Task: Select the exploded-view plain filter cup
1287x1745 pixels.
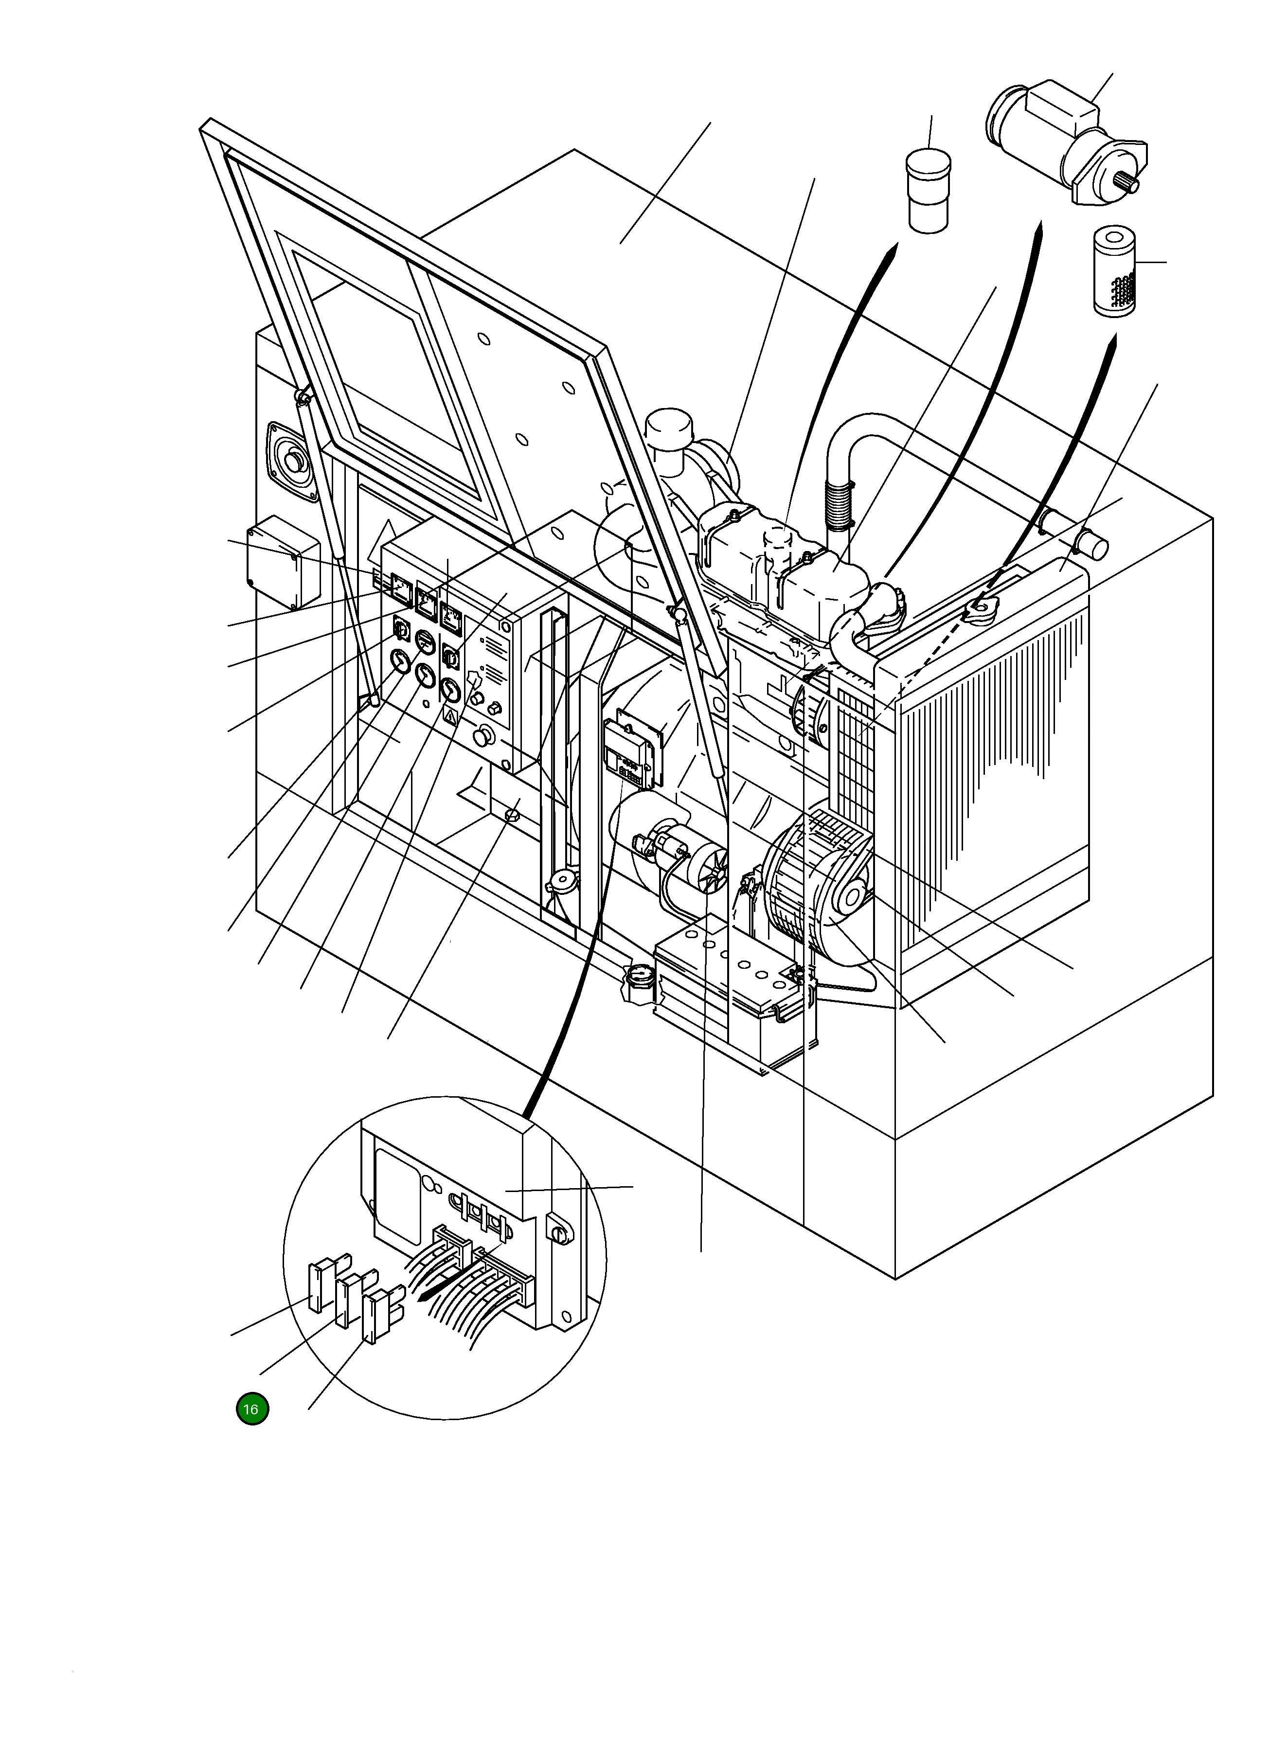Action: click(x=928, y=191)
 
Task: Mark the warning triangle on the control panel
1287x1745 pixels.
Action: click(x=449, y=717)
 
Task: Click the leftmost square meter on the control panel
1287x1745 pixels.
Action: click(x=402, y=592)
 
